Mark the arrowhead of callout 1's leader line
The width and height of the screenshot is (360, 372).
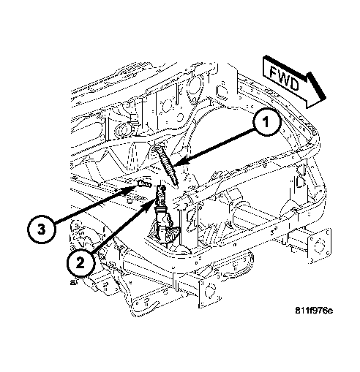[179, 162]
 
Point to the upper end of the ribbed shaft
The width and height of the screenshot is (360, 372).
[160, 146]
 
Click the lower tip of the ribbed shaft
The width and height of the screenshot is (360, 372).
[174, 183]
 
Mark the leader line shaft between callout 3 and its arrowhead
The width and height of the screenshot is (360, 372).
[88, 208]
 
